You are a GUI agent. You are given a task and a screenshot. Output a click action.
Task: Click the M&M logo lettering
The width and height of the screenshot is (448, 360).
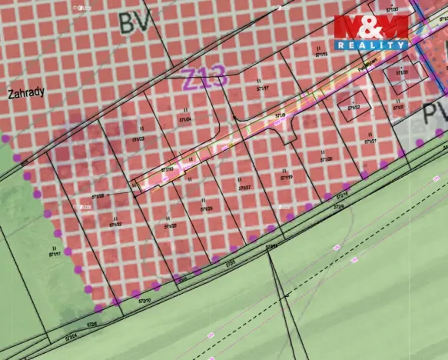[371, 28]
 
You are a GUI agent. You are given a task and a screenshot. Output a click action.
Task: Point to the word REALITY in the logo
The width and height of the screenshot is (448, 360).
[371, 46]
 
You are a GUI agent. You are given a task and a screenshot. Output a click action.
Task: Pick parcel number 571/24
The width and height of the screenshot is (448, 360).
[184, 120]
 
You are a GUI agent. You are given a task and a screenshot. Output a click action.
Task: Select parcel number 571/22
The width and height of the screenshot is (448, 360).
[115, 224]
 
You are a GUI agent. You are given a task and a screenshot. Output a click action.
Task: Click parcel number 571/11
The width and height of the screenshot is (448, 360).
[55, 254]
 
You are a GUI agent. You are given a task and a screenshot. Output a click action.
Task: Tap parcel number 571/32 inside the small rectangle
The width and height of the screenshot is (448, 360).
[353, 108]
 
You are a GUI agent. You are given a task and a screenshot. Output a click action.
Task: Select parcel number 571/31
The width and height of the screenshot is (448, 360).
[402, 73]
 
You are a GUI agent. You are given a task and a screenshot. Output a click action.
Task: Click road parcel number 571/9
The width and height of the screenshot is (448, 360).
[280, 115]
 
